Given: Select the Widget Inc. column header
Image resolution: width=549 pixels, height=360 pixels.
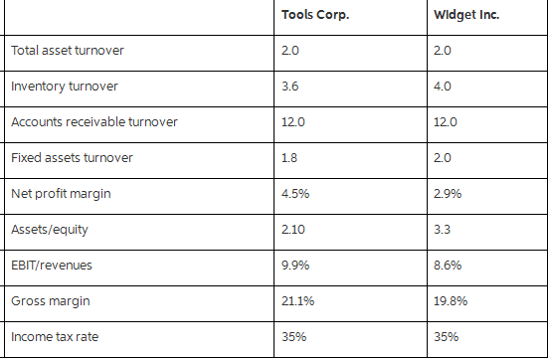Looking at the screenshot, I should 466,15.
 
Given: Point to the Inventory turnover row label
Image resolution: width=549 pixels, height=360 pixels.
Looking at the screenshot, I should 64,86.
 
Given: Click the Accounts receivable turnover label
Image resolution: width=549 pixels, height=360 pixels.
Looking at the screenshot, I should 93,121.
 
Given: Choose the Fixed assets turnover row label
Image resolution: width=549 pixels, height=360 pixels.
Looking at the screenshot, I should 71,157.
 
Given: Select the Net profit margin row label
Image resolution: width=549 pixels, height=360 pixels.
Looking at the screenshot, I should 61,193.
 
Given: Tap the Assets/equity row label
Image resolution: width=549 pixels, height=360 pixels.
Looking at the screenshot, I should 48,229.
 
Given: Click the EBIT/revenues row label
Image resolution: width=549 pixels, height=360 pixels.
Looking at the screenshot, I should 51,265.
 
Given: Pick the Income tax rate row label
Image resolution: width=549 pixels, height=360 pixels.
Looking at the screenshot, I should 55,336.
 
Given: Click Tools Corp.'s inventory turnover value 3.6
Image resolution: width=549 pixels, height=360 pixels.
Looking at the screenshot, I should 290,86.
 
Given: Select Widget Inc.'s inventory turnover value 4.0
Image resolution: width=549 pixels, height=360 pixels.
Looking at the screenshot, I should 444,86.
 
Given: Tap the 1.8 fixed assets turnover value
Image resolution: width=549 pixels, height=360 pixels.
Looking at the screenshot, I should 289,157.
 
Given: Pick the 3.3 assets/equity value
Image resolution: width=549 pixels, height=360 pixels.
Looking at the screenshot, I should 443,229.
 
